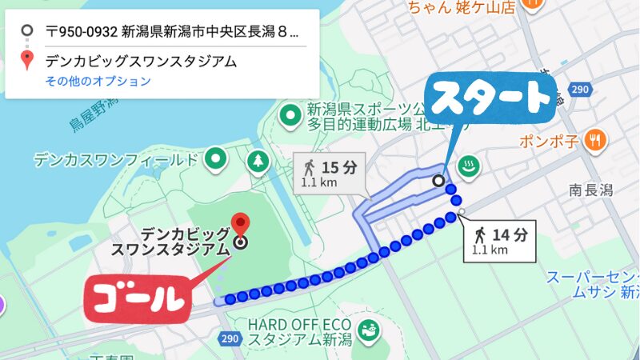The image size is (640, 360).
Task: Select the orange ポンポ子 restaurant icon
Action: (x=594, y=140)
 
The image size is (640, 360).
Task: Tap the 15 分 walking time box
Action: (x=329, y=172)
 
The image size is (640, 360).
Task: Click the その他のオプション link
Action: (x=98, y=81)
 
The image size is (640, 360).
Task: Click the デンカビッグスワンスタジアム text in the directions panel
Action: (x=142, y=61)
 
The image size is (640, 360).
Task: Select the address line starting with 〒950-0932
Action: (x=172, y=33)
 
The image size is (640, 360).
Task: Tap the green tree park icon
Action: (x=258, y=162)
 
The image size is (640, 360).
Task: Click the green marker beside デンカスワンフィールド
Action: (x=214, y=160)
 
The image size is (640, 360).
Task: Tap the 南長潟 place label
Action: (x=590, y=190)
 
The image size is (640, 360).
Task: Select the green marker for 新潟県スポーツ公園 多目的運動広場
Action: (x=289, y=117)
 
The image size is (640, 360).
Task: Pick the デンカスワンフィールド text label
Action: (x=115, y=160)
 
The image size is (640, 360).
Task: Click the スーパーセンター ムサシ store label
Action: (x=592, y=285)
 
